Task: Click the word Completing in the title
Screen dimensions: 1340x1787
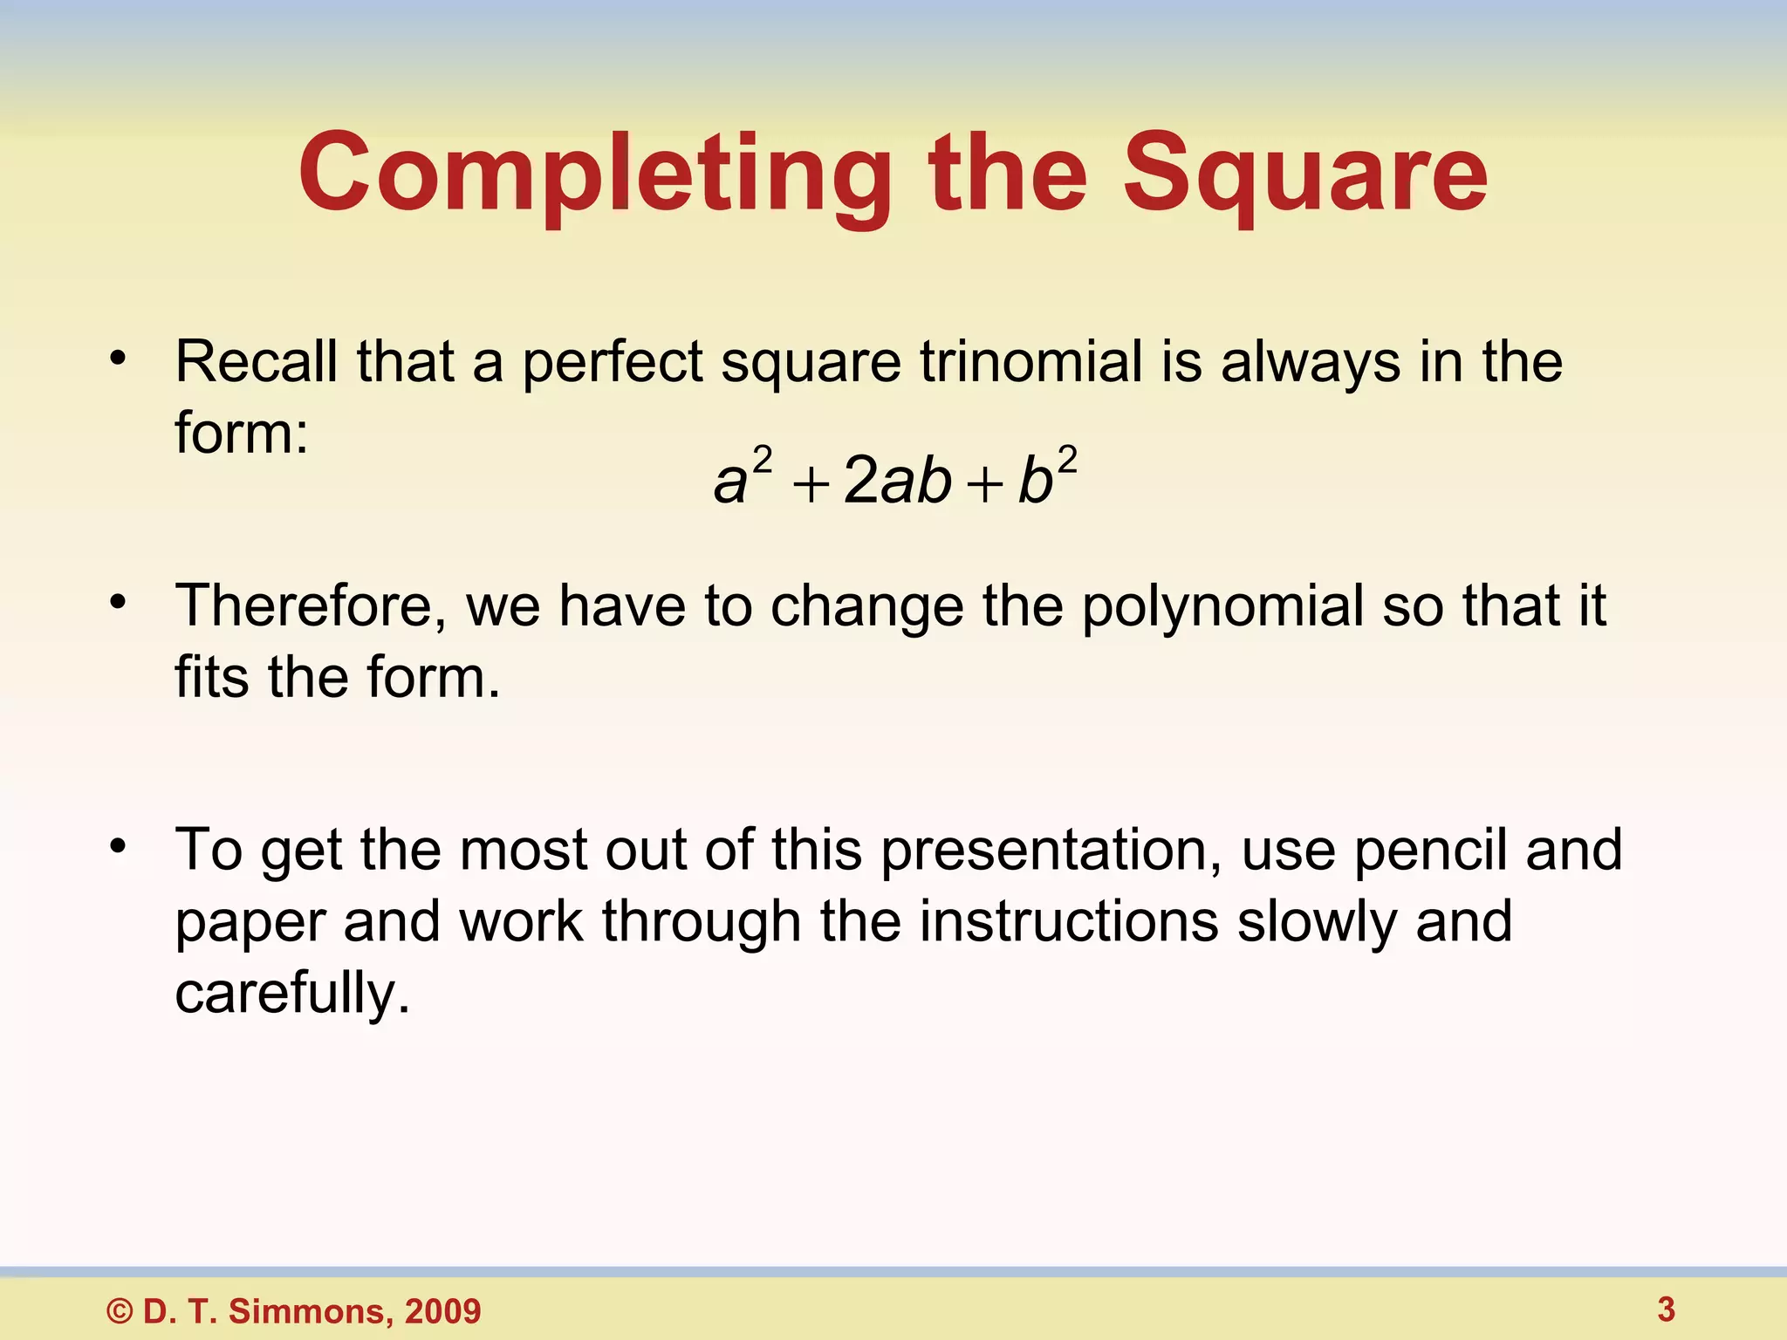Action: pos(595,174)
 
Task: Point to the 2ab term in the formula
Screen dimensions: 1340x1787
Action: pos(897,482)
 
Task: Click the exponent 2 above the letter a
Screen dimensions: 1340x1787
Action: pos(763,460)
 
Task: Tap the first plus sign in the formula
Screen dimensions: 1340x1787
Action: pos(810,485)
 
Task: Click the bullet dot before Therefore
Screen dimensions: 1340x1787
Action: pos(119,602)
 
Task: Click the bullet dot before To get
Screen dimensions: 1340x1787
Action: pos(119,845)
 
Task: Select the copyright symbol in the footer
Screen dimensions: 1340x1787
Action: pos(120,1312)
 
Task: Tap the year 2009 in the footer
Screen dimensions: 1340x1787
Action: pos(442,1311)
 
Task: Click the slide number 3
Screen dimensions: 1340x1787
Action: pos(1666,1309)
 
